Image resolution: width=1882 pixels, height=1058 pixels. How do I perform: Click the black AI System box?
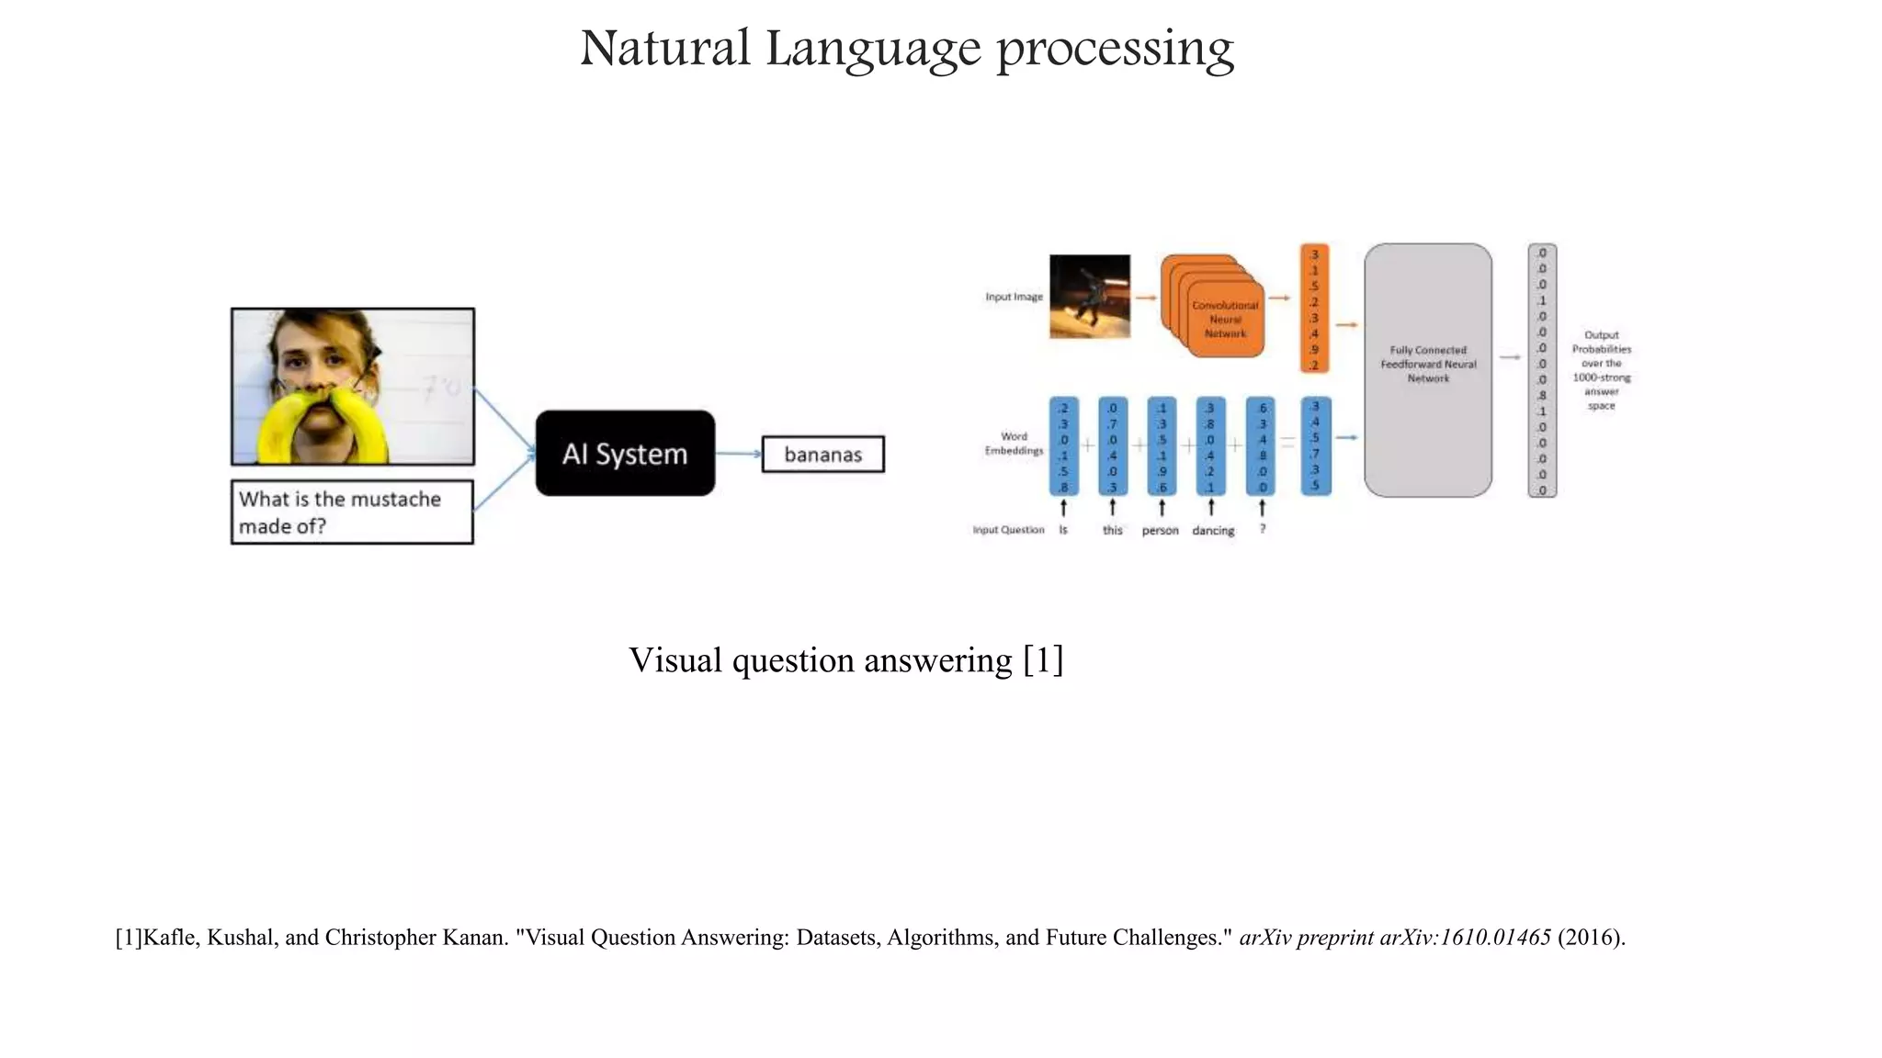(625, 454)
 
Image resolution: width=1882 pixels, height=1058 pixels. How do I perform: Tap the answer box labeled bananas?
(822, 455)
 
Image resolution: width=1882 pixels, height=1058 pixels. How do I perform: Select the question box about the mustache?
(352, 512)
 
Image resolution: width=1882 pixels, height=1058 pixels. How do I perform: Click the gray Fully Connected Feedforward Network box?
(1428, 370)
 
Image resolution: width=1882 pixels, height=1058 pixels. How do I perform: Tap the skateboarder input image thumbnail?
(1090, 297)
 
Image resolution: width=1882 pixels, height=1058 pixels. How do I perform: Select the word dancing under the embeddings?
(1213, 531)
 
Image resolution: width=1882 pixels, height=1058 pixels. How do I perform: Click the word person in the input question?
(1160, 531)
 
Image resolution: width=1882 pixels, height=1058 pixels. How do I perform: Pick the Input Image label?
(1014, 297)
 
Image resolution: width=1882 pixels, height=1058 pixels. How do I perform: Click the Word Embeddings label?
(1014, 444)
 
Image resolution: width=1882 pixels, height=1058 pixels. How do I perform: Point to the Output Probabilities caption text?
(1601, 370)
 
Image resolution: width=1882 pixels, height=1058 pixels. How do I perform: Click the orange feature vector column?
(1314, 309)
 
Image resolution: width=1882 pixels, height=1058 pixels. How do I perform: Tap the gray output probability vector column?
(1542, 370)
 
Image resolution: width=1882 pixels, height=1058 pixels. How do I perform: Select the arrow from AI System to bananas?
(738, 454)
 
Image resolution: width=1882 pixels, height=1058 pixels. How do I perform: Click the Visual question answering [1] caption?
(845, 660)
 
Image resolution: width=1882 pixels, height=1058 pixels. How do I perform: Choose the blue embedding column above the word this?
(1112, 446)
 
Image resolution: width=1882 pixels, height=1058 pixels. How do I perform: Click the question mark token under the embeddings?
(1263, 530)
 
